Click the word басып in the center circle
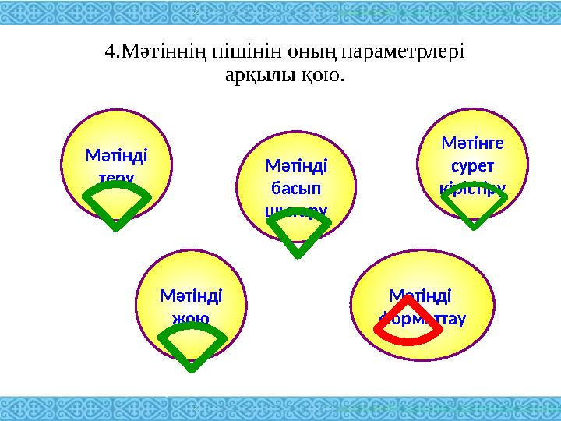(x=296, y=188)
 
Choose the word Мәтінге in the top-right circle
(x=472, y=143)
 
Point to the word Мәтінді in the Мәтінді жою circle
(x=191, y=296)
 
